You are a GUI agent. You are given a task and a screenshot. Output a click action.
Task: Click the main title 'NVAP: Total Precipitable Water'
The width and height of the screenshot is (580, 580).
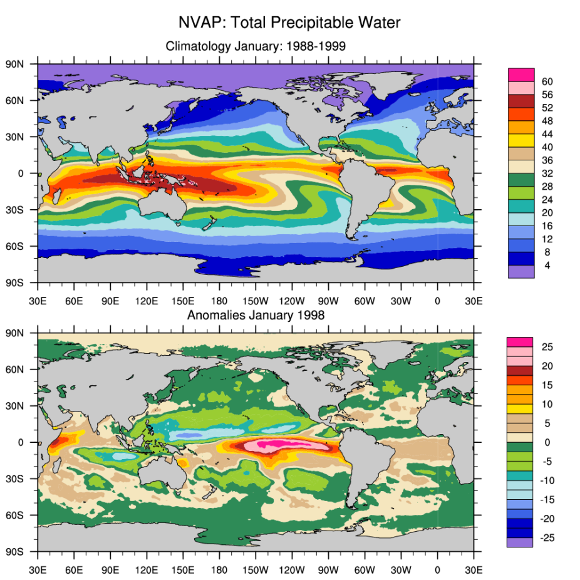point(289,23)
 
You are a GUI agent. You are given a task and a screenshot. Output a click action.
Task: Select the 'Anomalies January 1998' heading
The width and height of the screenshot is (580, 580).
point(256,315)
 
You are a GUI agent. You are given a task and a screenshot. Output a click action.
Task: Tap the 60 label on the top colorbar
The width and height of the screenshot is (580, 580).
point(547,81)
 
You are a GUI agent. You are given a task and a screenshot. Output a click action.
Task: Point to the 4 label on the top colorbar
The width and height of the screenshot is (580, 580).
point(547,266)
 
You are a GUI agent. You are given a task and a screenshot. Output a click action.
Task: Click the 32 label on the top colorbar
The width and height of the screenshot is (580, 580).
point(547,173)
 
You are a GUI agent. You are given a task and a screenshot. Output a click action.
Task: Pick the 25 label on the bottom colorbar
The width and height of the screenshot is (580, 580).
point(546,346)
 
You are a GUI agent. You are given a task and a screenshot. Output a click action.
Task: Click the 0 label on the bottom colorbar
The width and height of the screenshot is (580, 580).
point(546,442)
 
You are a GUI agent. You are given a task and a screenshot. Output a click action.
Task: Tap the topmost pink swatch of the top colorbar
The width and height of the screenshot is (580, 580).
point(521,75)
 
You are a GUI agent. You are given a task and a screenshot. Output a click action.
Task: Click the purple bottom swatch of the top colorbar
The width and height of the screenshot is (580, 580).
point(521,271)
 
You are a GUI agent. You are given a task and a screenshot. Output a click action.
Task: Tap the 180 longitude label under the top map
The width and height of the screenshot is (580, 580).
point(219,301)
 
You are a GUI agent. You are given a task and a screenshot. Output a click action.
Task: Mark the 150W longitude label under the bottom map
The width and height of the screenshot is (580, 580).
point(256,571)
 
